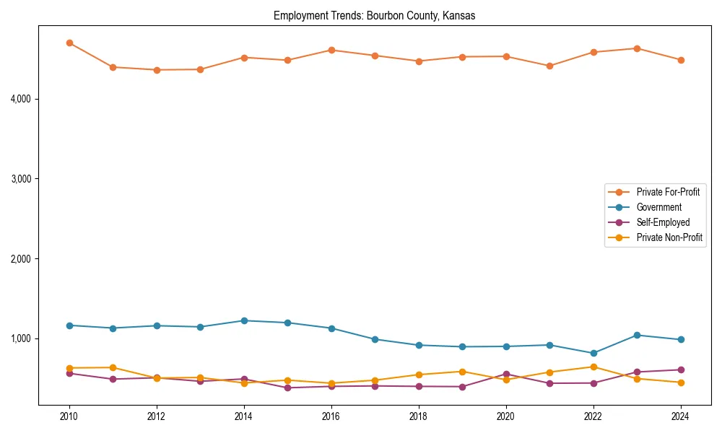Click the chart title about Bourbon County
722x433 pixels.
pyautogui.click(x=374, y=16)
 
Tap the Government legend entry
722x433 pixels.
pyautogui.click(x=658, y=207)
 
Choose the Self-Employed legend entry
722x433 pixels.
pyautogui.click(x=663, y=222)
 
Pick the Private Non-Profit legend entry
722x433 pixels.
pyautogui.click(x=669, y=237)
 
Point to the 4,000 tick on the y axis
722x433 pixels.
pyautogui.click(x=25, y=99)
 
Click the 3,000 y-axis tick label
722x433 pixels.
pyautogui.click(x=25, y=179)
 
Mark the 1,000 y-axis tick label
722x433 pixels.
pyautogui.click(x=25, y=338)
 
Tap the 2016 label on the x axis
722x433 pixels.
pyautogui.click(x=331, y=416)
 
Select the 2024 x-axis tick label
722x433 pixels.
pyautogui.click(x=680, y=416)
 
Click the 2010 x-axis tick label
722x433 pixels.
pyautogui.click(x=69, y=416)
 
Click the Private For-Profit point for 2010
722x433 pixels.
pyautogui.click(x=69, y=43)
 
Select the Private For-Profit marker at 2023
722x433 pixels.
pyautogui.click(x=637, y=48)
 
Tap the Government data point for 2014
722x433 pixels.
pyautogui.click(x=244, y=320)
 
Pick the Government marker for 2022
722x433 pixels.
pyautogui.click(x=593, y=353)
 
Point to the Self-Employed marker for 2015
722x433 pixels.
pyautogui.click(x=287, y=388)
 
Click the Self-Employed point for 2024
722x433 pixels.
pyautogui.click(x=680, y=369)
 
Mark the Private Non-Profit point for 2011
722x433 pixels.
pyautogui.click(x=113, y=367)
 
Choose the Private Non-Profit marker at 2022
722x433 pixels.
pyautogui.click(x=593, y=367)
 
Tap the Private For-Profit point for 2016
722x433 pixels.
pyautogui.click(x=331, y=50)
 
